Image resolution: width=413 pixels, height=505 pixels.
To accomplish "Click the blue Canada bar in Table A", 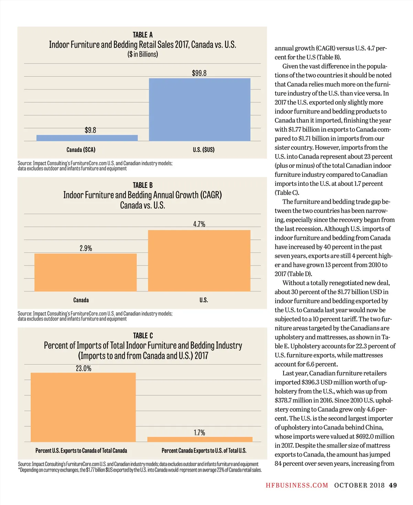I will pyautogui.click(x=87, y=138).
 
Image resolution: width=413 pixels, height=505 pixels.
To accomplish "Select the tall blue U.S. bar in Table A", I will pyautogui.click(x=200, y=109).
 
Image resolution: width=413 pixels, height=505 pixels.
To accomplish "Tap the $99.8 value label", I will pyautogui.click(x=199, y=73).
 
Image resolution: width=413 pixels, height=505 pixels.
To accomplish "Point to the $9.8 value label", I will pyautogui.click(x=91, y=130).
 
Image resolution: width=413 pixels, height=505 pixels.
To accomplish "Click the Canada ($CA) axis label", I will pyautogui.click(x=81, y=150).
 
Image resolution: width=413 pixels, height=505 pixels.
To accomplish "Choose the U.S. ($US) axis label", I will pyautogui.click(x=204, y=150).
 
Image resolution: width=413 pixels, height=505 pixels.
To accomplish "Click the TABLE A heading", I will pyautogui.click(x=143, y=35).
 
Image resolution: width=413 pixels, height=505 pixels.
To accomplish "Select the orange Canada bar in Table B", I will pyautogui.click(x=86, y=272).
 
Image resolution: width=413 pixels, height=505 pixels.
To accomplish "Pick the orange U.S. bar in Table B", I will pyautogui.click(x=199, y=260).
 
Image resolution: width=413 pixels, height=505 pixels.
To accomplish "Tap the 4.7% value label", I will pyautogui.click(x=199, y=224).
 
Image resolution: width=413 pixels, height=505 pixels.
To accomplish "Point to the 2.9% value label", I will pyautogui.click(x=86, y=248).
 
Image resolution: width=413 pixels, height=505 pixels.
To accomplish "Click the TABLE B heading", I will pyautogui.click(x=143, y=185).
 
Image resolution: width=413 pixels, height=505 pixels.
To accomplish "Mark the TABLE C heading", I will pyautogui.click(x=143, y=335).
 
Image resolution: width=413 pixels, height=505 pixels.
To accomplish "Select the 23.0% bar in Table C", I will pyautogui.click(x=83, y=407).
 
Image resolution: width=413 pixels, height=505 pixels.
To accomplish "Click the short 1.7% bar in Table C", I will pyautogui.click(x=200, y=439).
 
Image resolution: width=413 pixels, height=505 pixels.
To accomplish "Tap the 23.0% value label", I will pyautogui.click(x=84, y=368).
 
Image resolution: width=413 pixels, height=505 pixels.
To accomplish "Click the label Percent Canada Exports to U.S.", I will pyautogui.click(x=204, y=451).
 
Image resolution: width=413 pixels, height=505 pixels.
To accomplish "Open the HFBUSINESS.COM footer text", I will pyautogui.click(x=297, y=485).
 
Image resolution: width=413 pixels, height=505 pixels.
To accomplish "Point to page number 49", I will pyautogui.click(x=393, y=485).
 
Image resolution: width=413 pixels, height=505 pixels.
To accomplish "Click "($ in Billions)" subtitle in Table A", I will pyautogui.click(x=143, y=54).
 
